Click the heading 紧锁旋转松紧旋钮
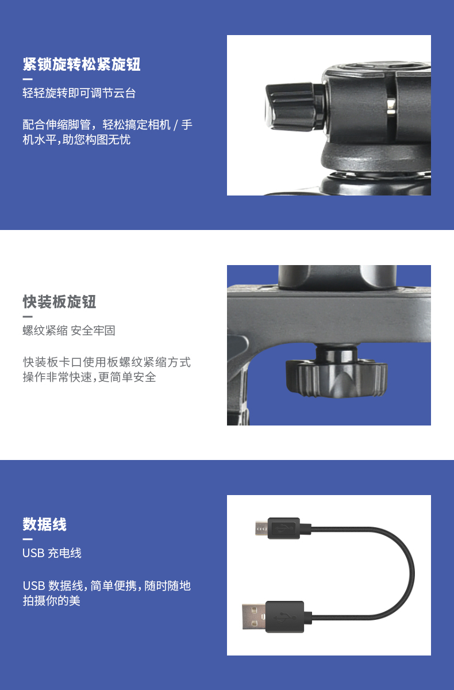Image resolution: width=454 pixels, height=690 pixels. pos(82,64)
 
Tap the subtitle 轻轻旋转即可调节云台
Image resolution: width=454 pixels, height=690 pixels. pos(79,93)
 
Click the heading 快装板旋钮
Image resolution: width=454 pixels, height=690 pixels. pos(59,301)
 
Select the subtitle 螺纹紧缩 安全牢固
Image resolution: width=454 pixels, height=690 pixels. pos(69,331)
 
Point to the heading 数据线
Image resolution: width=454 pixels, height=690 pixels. pos(45,524)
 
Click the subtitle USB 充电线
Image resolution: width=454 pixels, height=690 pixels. pos(52,553)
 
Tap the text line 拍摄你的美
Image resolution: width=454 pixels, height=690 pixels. pos(51,600)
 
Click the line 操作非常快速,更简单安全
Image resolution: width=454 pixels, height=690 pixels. pos(89,377)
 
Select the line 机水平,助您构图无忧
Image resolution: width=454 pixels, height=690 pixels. pos(76,140)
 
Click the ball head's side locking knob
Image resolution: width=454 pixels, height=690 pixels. pos(293,106)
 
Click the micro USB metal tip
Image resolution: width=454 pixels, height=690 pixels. pos(261,528)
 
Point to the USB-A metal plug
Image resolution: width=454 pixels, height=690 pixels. pos(253,616)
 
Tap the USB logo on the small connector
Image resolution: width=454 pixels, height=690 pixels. pos(283,528)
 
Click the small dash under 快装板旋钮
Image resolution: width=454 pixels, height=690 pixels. pos(28,316)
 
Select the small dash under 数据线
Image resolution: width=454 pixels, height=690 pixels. pos(28,539)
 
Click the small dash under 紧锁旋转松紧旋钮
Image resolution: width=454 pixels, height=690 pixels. pos(28,79)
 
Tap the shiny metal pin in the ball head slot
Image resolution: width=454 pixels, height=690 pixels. pos(391,106)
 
